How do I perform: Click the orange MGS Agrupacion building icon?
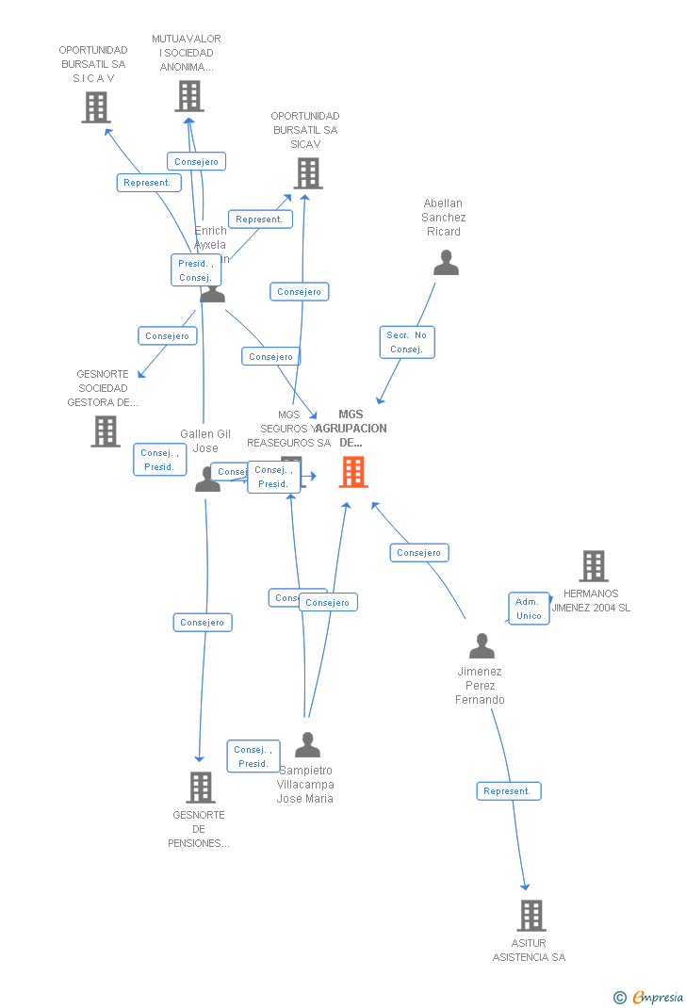point(353,472)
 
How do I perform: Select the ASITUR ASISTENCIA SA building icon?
point(531,916)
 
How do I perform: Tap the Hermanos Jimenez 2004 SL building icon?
point(594,566)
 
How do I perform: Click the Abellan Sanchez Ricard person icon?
point(446,263)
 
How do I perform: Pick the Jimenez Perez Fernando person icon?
point(482,646)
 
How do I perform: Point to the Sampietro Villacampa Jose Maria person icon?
point(307,745)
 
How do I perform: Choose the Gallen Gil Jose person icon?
point(207,479)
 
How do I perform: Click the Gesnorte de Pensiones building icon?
point(201,788)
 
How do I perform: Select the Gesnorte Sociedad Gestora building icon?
point(106,431)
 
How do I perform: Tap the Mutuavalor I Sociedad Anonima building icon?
point(189,96)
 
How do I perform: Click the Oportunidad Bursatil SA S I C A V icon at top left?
point(96,107)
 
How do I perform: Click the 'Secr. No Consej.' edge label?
point(407,342)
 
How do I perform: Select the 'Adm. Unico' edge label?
point(529,609)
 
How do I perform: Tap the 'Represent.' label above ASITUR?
point(508,791)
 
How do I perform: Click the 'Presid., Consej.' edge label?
point(195,270)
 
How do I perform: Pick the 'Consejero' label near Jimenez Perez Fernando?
point(419,553)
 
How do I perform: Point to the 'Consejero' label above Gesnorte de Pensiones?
point(203,623)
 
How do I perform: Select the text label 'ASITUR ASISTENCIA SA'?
point(529,951)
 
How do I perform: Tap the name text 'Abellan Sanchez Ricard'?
point(443,218)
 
